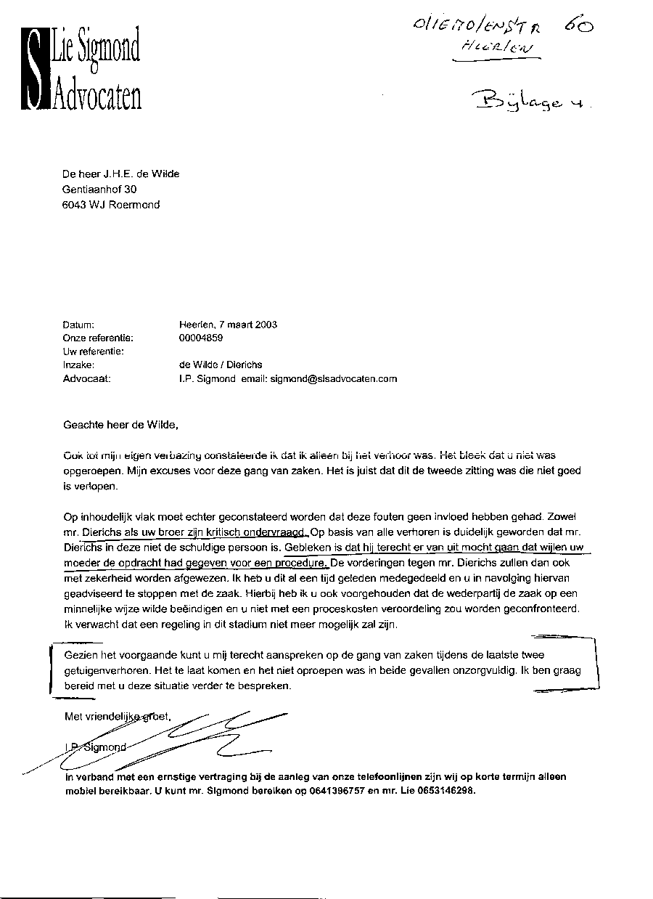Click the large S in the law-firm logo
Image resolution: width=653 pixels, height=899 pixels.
pos(33,68)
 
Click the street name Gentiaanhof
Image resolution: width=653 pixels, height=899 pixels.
pos(93,189)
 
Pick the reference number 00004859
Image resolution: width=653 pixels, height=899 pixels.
pos(201,338)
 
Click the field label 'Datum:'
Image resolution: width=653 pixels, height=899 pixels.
pos(79,325)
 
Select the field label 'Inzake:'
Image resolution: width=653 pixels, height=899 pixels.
pos(79,365)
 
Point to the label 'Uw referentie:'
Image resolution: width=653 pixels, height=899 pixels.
pos(94,351)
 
